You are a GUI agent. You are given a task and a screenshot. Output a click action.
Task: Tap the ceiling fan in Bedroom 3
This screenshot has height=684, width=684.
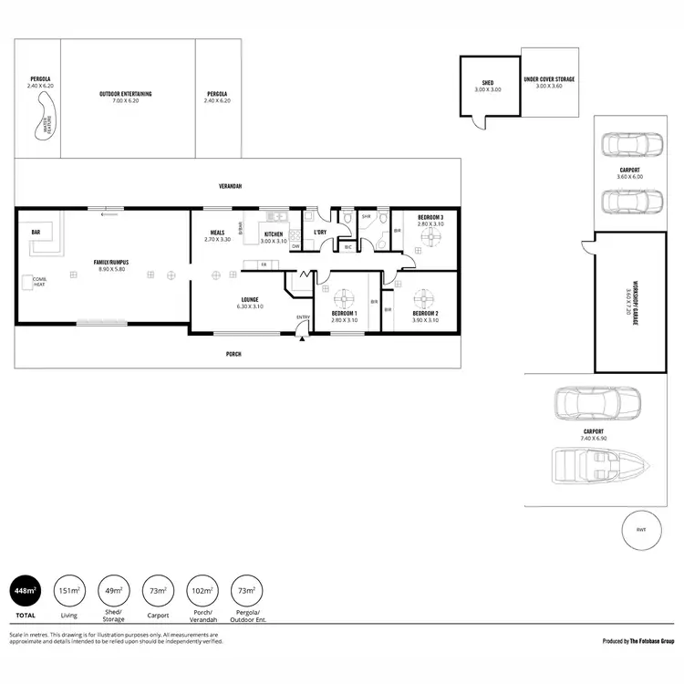point(430,234)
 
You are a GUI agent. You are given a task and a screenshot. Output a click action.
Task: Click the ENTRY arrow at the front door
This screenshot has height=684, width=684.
point(303,337)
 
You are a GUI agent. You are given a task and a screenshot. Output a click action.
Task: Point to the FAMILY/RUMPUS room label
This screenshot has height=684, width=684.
point(111,263)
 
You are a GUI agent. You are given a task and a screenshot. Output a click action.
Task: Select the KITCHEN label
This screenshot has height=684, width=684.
point(274,233)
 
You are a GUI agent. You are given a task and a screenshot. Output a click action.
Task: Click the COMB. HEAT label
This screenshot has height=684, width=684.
point(38,282)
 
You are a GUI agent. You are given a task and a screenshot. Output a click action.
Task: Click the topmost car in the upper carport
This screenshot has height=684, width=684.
point(629,143)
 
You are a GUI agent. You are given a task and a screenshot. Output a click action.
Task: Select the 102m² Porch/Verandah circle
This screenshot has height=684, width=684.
point(200,591)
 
